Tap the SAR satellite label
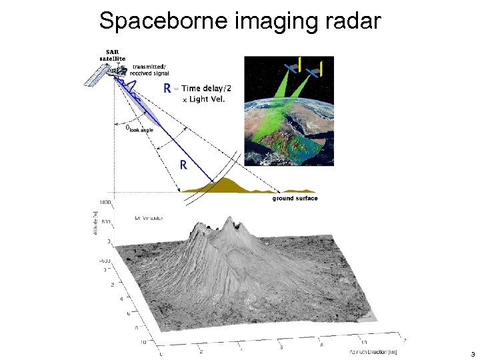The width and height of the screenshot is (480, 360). point(112,55)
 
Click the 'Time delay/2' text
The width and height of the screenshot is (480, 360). point(206,88)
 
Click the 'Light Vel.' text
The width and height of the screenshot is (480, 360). point(205,99)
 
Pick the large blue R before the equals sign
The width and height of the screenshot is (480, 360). point(169,89)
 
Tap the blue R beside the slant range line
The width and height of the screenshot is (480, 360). point(182,165)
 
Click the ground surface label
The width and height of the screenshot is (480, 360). point(295,198)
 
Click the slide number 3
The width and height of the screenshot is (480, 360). point(472,354)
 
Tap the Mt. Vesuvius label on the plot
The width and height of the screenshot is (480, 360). point(149,218)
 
